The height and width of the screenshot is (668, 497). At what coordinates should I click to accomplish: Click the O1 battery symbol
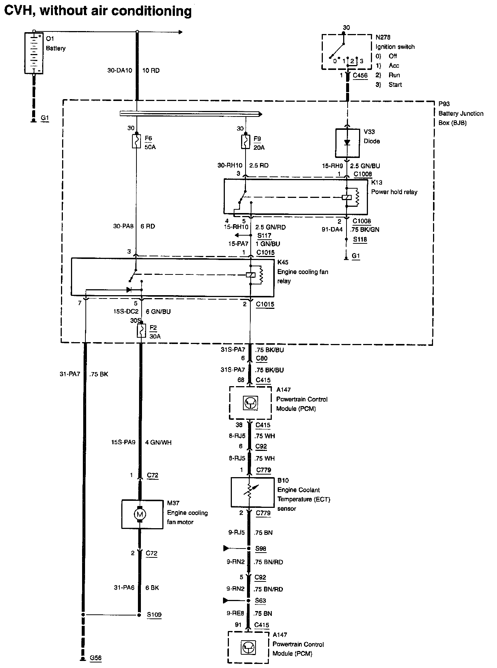[34, 53]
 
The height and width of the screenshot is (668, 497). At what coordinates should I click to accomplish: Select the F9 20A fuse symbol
[245, 141]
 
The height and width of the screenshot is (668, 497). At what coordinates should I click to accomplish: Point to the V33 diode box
[347, 143]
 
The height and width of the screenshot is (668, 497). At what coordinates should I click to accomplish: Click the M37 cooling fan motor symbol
[140, 514]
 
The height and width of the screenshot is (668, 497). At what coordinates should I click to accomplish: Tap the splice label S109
[154, 615]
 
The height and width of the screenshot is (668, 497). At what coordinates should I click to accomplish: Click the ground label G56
[96, 658]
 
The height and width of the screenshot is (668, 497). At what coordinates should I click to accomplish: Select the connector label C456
[360, 75]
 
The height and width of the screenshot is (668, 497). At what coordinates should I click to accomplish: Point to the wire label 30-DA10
[119, 70]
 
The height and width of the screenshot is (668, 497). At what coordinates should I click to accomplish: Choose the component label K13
[377, 182]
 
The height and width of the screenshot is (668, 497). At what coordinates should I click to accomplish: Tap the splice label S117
[264, 235]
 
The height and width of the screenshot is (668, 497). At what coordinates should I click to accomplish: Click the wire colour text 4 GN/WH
[159, 442]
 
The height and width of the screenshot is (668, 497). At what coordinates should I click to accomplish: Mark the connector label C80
[262, 358]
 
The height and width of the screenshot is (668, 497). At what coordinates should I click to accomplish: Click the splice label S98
[261, 549]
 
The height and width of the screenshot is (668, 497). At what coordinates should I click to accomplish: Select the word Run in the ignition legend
[394, 75]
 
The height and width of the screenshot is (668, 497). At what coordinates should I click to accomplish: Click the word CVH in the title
[18, 11]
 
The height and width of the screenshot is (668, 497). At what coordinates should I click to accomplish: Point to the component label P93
[444, 104]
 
